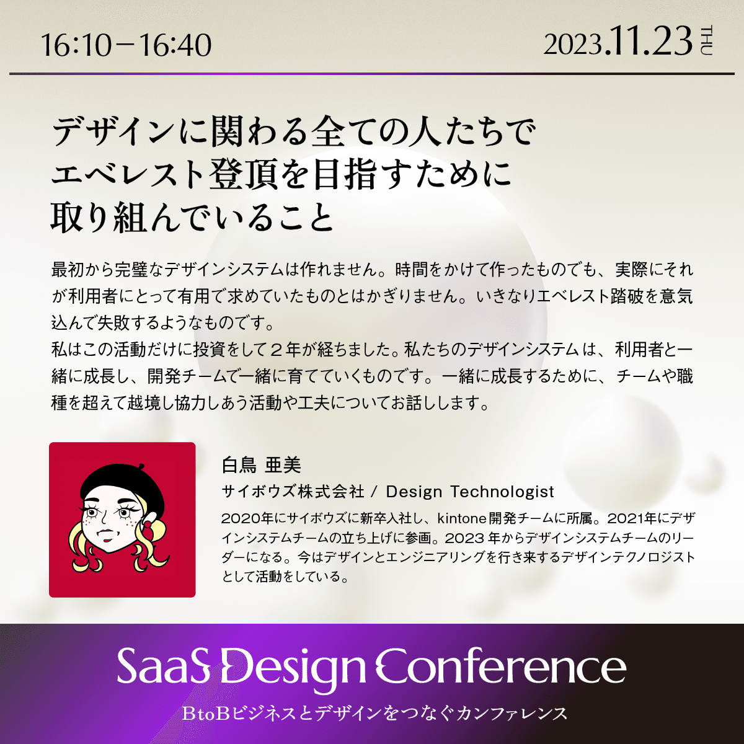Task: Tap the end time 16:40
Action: pos(175,45)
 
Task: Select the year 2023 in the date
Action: pos(573,45)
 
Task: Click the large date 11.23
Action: pos(649,42)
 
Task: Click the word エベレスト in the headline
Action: pos(128,175)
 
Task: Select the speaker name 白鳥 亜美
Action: pos(261,466)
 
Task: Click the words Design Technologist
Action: pos(470,492)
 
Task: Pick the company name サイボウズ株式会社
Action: pos(293,492)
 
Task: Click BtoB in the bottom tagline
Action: pos(206,714)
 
